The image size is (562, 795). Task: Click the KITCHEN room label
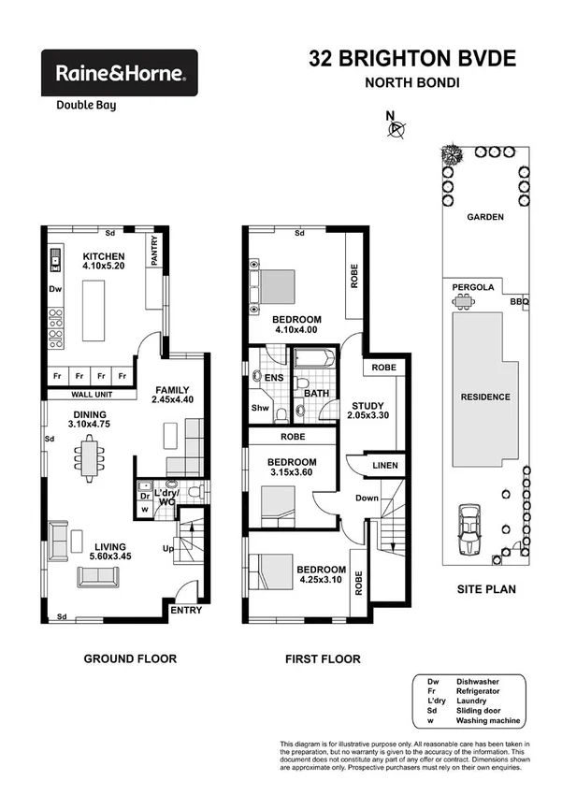coord(104,256)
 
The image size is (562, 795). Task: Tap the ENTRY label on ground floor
coord(186,610)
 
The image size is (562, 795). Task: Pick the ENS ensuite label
coord(274,377)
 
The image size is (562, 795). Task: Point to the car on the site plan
coord(468,531)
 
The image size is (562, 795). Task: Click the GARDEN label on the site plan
coord(485,217)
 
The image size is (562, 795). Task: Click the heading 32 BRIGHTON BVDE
coord(412,59)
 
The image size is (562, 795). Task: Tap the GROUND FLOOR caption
coord(130,658)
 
